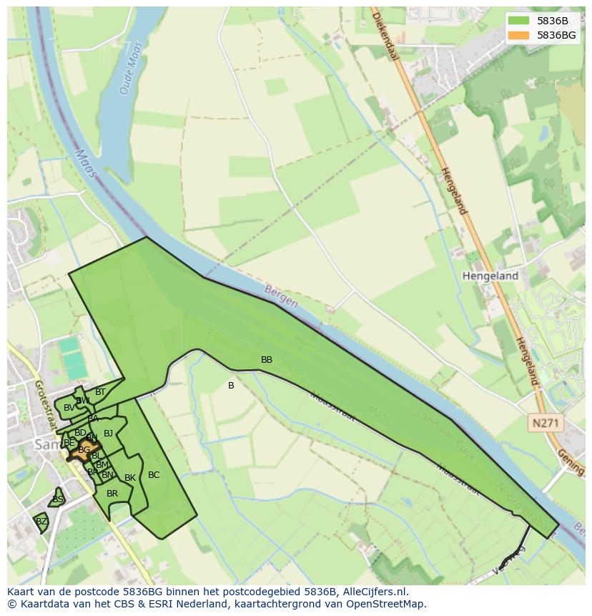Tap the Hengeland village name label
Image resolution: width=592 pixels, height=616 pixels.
pos(490,275)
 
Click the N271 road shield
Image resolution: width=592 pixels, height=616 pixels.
pos(546,424)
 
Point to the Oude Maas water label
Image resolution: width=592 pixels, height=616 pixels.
pos(130,68)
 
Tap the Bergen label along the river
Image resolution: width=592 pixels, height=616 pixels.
pos(280,297)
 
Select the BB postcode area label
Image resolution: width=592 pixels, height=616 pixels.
pos(267,360)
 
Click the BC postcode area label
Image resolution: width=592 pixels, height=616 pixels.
pos(154,475)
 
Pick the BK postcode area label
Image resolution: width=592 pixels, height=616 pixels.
pos(130,478)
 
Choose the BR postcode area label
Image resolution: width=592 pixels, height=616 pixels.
pos(112,494)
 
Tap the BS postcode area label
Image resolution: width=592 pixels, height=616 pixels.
pos(58,499)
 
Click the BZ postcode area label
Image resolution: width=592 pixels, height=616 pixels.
pos(41,522)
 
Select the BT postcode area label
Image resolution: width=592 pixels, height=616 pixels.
pos(100,392)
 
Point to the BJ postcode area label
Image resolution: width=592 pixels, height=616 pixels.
pos(108,433)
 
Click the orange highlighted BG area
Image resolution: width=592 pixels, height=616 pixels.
pos(84,451)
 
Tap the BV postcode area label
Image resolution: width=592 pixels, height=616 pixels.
pos(69,408)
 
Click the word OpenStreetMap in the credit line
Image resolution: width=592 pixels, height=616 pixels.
pos(386,604)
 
